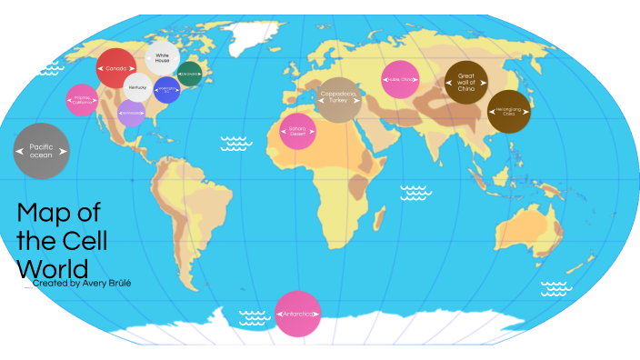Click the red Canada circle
(115, 68)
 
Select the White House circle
(163, 58)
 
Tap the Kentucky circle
(137, 87)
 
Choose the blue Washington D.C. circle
(166, 89)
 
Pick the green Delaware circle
(189, 73)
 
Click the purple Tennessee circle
(131, 113)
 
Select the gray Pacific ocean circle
(41, 151)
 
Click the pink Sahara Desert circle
(297, 131)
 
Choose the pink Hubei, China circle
(399, 79)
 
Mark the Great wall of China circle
(465, 83)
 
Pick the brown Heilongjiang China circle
(510, 112)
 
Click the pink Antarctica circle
(297, 314)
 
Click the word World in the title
(52, 269)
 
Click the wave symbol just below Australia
(556, 288)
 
